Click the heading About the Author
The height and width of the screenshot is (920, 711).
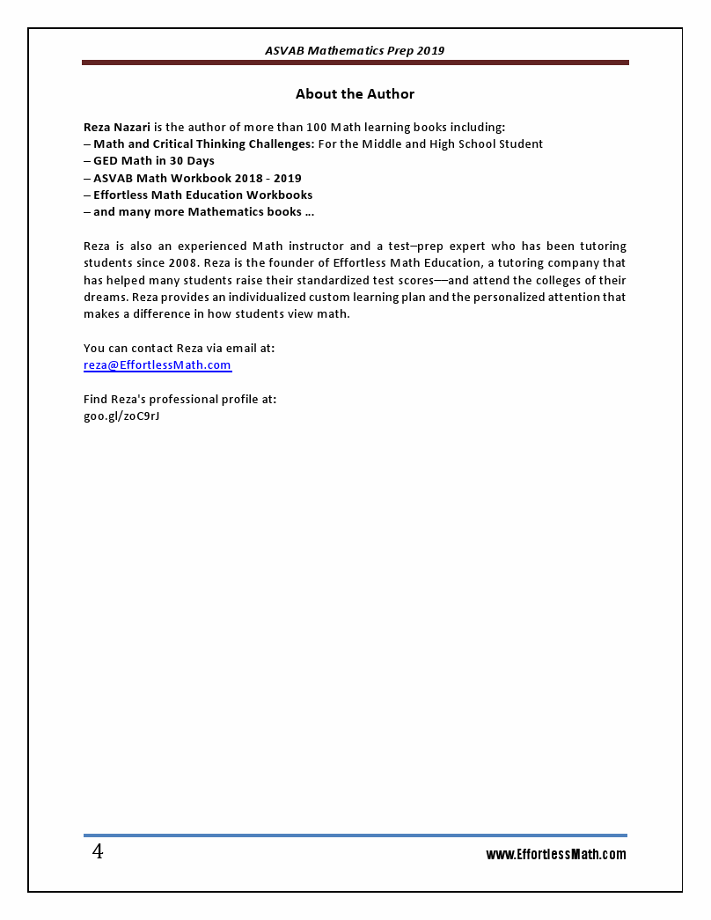tap(355, 94)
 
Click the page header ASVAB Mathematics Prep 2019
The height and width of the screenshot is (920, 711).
tap(355, 51)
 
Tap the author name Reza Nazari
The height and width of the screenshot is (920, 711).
tap(117, 127)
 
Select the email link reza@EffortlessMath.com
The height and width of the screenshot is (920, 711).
tap(158, 365)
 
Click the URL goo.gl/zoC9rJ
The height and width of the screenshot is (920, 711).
tap(121, 416)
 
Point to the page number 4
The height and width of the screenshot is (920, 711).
tap(98, 852)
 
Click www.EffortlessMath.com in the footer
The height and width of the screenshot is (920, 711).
tap(556, 855)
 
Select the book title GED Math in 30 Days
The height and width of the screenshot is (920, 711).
tap(154, 161)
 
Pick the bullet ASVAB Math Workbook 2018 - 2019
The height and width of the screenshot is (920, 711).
tap(197, 178)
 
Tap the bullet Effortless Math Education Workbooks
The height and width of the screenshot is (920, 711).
tap(202, 195)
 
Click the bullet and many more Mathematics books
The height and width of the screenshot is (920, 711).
tap(203, 212)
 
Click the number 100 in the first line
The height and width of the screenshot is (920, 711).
tap(317, 127)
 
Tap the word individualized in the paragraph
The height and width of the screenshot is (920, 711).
tap(270, 298)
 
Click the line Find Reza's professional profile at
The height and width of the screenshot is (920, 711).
tap(180, 400)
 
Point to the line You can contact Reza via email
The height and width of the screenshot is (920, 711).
tap(179, 349)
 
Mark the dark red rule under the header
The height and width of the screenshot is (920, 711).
tap(355, 63)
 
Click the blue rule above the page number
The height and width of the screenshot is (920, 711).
tap(355, 835)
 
